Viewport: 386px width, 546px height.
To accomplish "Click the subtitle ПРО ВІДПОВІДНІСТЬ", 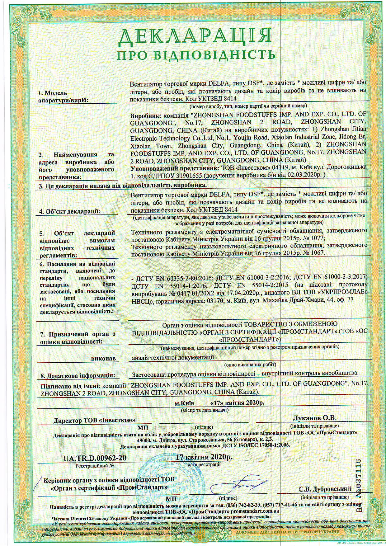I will [x=196, y=56].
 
